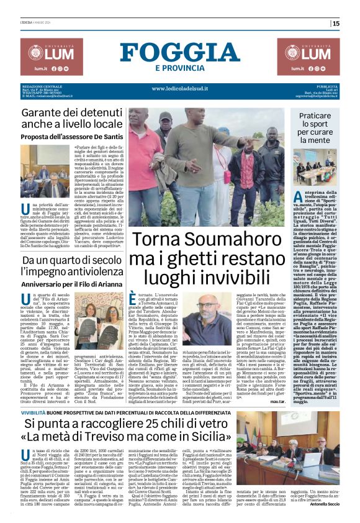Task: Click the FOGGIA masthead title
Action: coord(180,50)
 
